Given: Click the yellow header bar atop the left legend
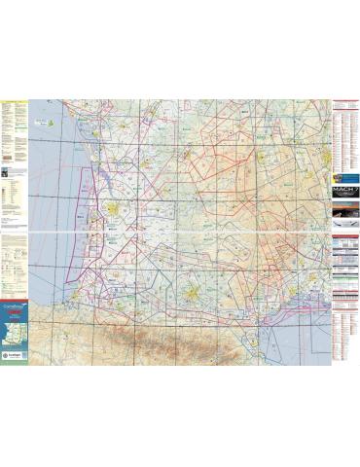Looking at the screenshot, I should point(15,99).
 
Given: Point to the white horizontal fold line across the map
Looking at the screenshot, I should point(180,233).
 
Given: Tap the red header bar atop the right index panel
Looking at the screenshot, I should point(344,100).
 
